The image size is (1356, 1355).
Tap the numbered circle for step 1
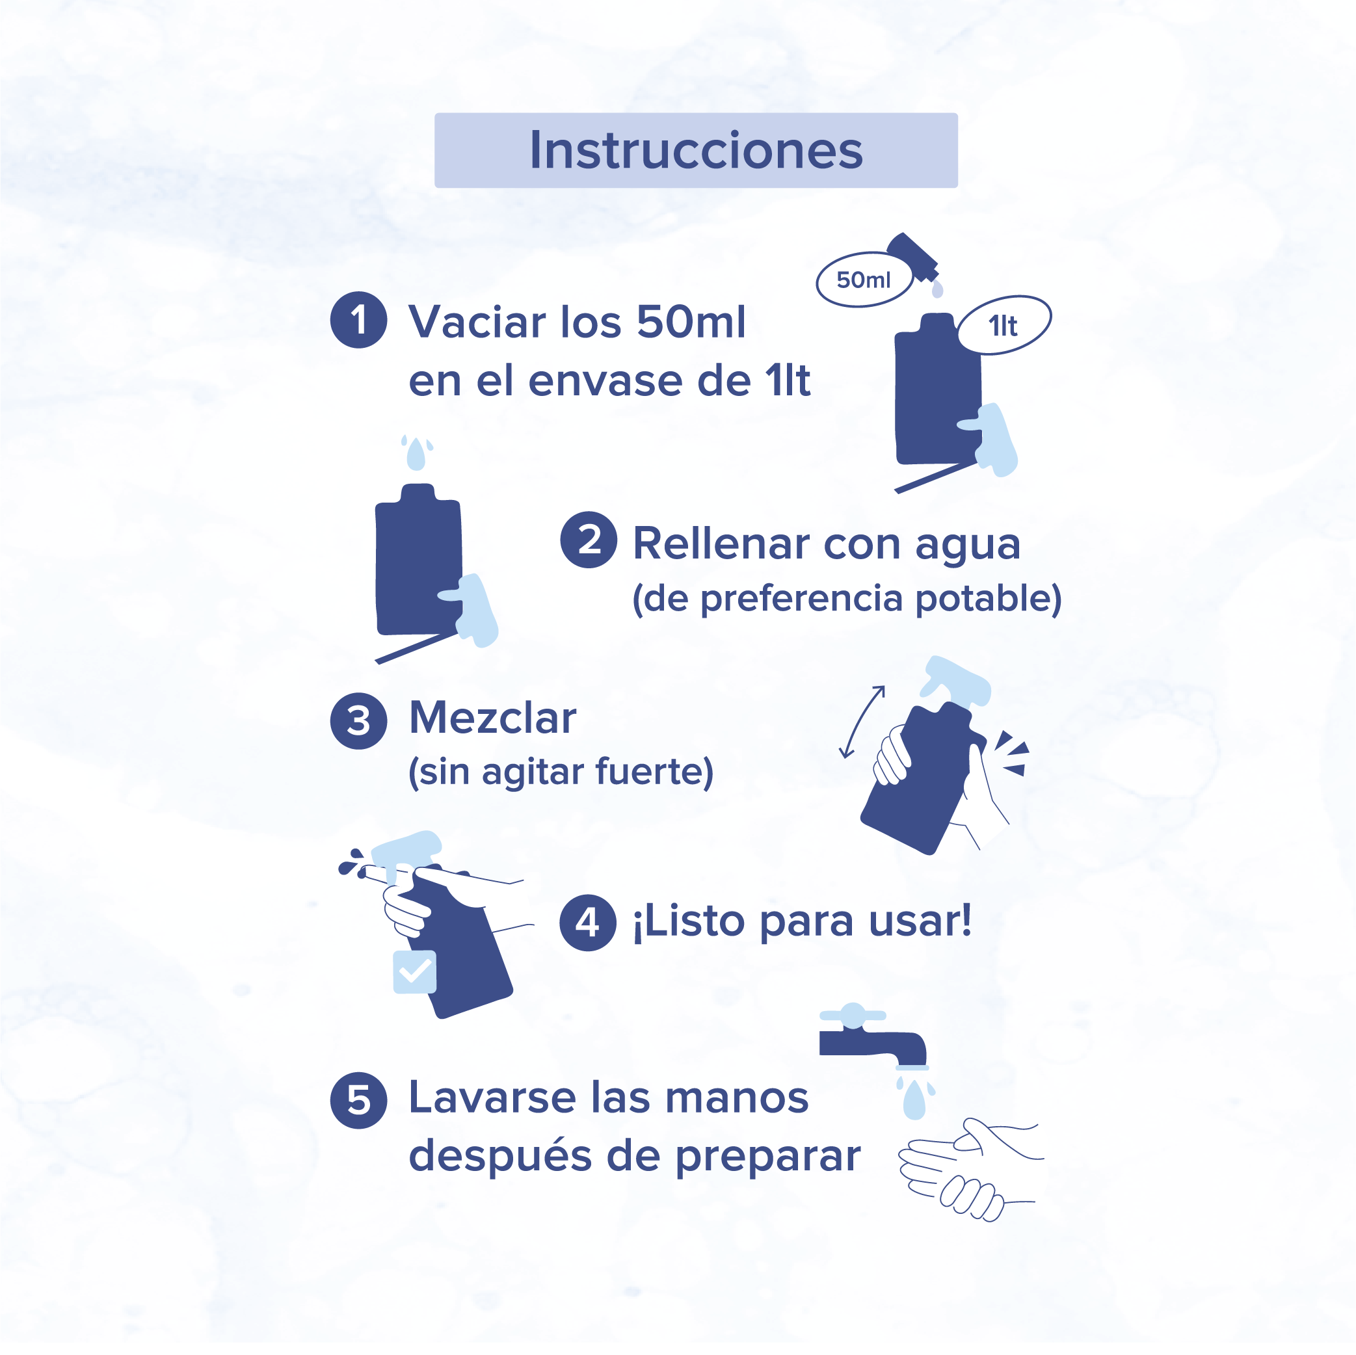click(x=358, y=320)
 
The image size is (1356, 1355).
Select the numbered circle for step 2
click(x=589, y=540)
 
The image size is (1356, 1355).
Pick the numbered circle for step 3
click(x=358, y=720)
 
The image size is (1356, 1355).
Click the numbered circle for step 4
click(x=588, y=922)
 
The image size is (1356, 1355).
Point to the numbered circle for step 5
click(x=358, y=1100)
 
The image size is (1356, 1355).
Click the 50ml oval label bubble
click(x=864, y=280)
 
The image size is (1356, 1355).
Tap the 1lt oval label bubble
click(x=1004, y=326)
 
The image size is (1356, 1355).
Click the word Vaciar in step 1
click(x=477, y=322)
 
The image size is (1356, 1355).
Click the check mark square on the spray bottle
click(x=415, y=972)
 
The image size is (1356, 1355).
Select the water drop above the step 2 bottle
click(x=416, y=454)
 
